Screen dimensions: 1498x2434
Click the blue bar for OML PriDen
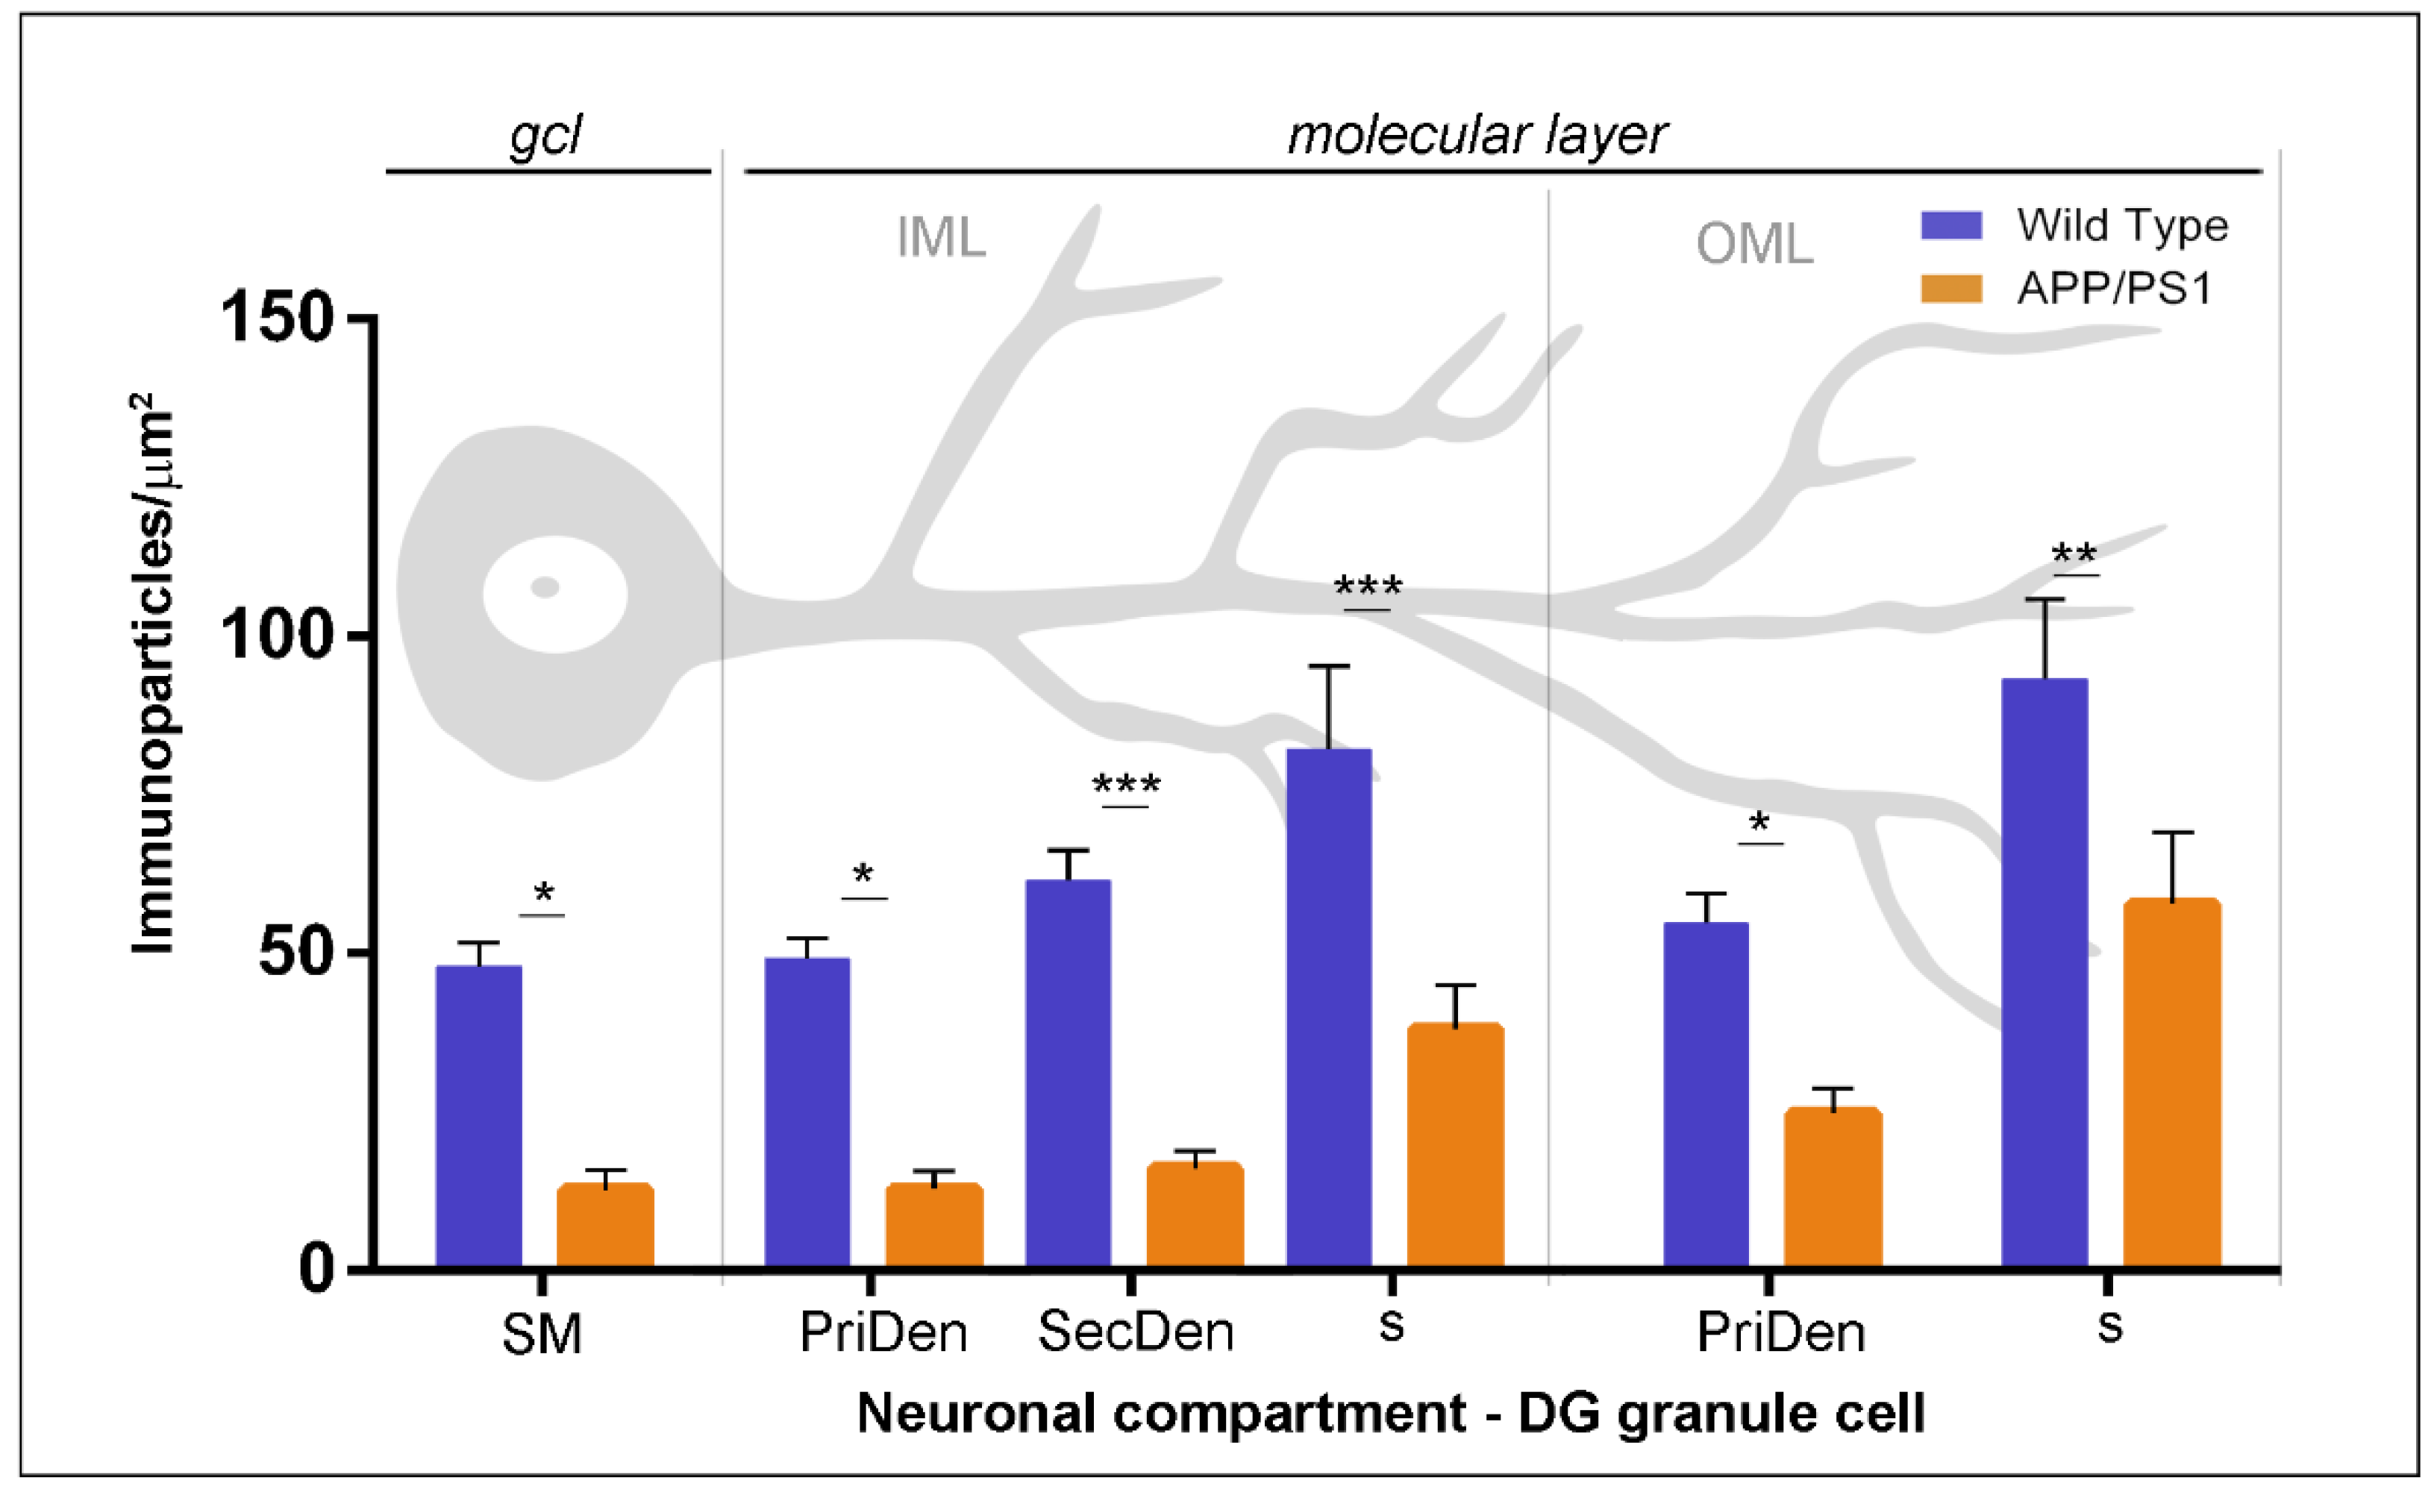1705,1094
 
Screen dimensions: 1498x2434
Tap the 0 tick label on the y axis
317,1269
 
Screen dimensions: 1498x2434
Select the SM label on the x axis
541,1335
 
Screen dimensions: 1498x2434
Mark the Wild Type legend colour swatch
1950,226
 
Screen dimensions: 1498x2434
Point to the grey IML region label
940,238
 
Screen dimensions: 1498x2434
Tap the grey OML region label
1753,244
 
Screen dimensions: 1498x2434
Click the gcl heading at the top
545,136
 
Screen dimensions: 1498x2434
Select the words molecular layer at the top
1476,136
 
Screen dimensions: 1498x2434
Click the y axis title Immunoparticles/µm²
154,674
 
